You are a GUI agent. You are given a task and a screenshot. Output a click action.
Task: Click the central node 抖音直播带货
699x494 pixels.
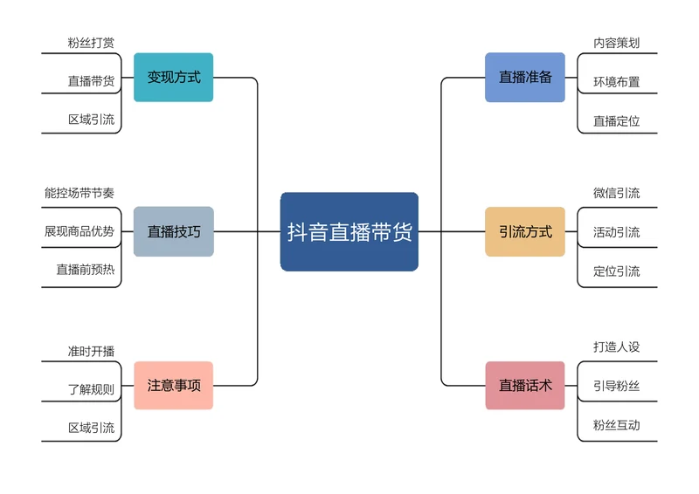349,232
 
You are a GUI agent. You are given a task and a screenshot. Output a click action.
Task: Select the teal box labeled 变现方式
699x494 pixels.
174,77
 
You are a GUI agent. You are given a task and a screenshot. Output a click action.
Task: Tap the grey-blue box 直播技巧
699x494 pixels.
174,231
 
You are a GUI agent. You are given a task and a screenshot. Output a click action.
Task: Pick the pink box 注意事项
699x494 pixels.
174,385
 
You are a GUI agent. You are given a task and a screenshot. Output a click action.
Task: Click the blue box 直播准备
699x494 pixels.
525,77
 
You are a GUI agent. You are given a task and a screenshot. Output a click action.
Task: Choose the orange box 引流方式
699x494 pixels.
525,231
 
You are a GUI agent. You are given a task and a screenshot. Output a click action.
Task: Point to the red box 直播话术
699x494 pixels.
525,385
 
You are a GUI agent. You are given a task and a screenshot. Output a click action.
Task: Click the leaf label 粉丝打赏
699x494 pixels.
91,43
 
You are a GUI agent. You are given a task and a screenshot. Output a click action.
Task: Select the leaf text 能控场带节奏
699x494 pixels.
80,192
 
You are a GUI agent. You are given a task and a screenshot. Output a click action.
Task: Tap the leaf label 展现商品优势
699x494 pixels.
80,231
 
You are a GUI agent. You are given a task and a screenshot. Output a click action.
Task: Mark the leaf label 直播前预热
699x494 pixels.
86,270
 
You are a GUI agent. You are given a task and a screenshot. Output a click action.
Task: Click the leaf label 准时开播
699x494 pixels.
91,351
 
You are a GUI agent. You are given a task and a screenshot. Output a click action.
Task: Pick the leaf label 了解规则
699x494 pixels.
91,389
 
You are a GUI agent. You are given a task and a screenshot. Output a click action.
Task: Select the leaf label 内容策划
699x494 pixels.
617,43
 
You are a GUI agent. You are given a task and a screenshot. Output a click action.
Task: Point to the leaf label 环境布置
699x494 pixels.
617,82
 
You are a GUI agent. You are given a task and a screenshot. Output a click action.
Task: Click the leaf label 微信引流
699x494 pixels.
617,193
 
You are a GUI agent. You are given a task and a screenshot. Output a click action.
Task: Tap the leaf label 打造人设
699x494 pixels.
617,346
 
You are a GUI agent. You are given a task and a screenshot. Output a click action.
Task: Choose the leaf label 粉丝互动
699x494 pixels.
617,425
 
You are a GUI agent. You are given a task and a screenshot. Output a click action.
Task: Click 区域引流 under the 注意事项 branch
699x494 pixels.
91,428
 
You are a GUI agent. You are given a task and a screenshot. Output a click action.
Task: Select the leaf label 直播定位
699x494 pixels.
617,120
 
